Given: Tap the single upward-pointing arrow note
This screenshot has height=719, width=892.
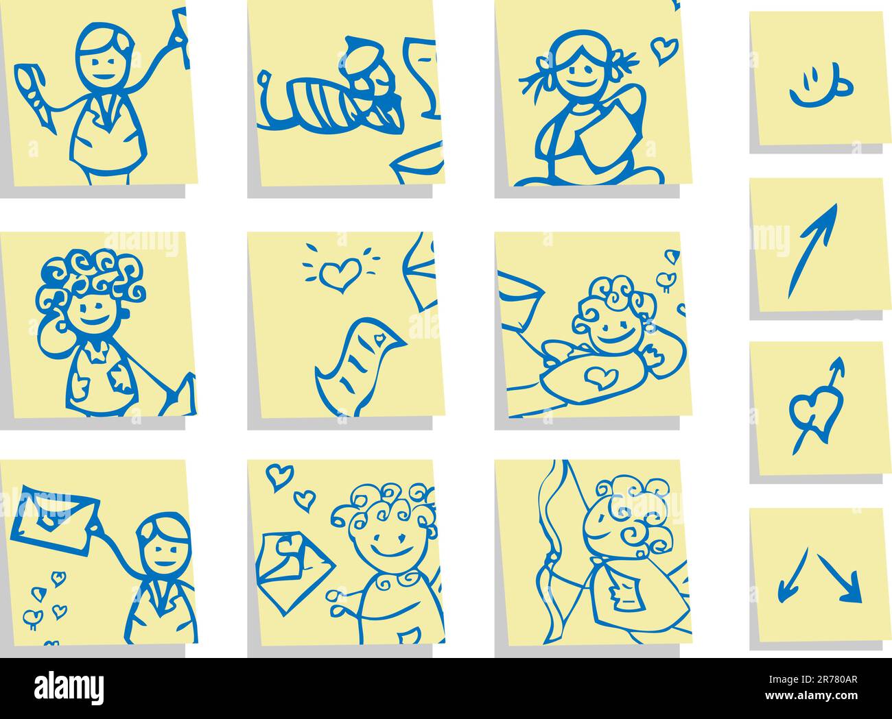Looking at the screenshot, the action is click(x=812, y=251).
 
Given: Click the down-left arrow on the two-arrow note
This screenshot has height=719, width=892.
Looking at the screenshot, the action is click(x=793, y=576).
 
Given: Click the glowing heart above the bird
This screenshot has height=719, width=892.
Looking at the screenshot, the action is click(x=340, y=273).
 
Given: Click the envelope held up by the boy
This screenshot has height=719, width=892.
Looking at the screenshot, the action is click(x=55, y=520).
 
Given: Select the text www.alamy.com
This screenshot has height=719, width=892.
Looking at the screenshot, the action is click(x=812, y=696).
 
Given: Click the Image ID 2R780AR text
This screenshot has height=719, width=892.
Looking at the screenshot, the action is click(x=813, y=679).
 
